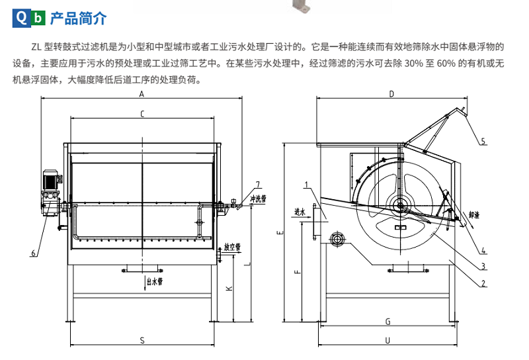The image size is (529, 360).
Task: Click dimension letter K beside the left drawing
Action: pyautogui.click(x=228, y=289)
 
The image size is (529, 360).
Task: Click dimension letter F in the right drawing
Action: pyautogui.click(x=298, y=271)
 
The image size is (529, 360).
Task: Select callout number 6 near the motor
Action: pyautogui.click(x=32, y=253)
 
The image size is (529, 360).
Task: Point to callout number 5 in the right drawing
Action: pyautogui.click(x=483, y=141)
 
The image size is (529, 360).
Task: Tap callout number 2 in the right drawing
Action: pyautogui.click(x=483, y=283)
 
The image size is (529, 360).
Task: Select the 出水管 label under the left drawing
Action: pyautogui.click(x=155, y=281)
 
